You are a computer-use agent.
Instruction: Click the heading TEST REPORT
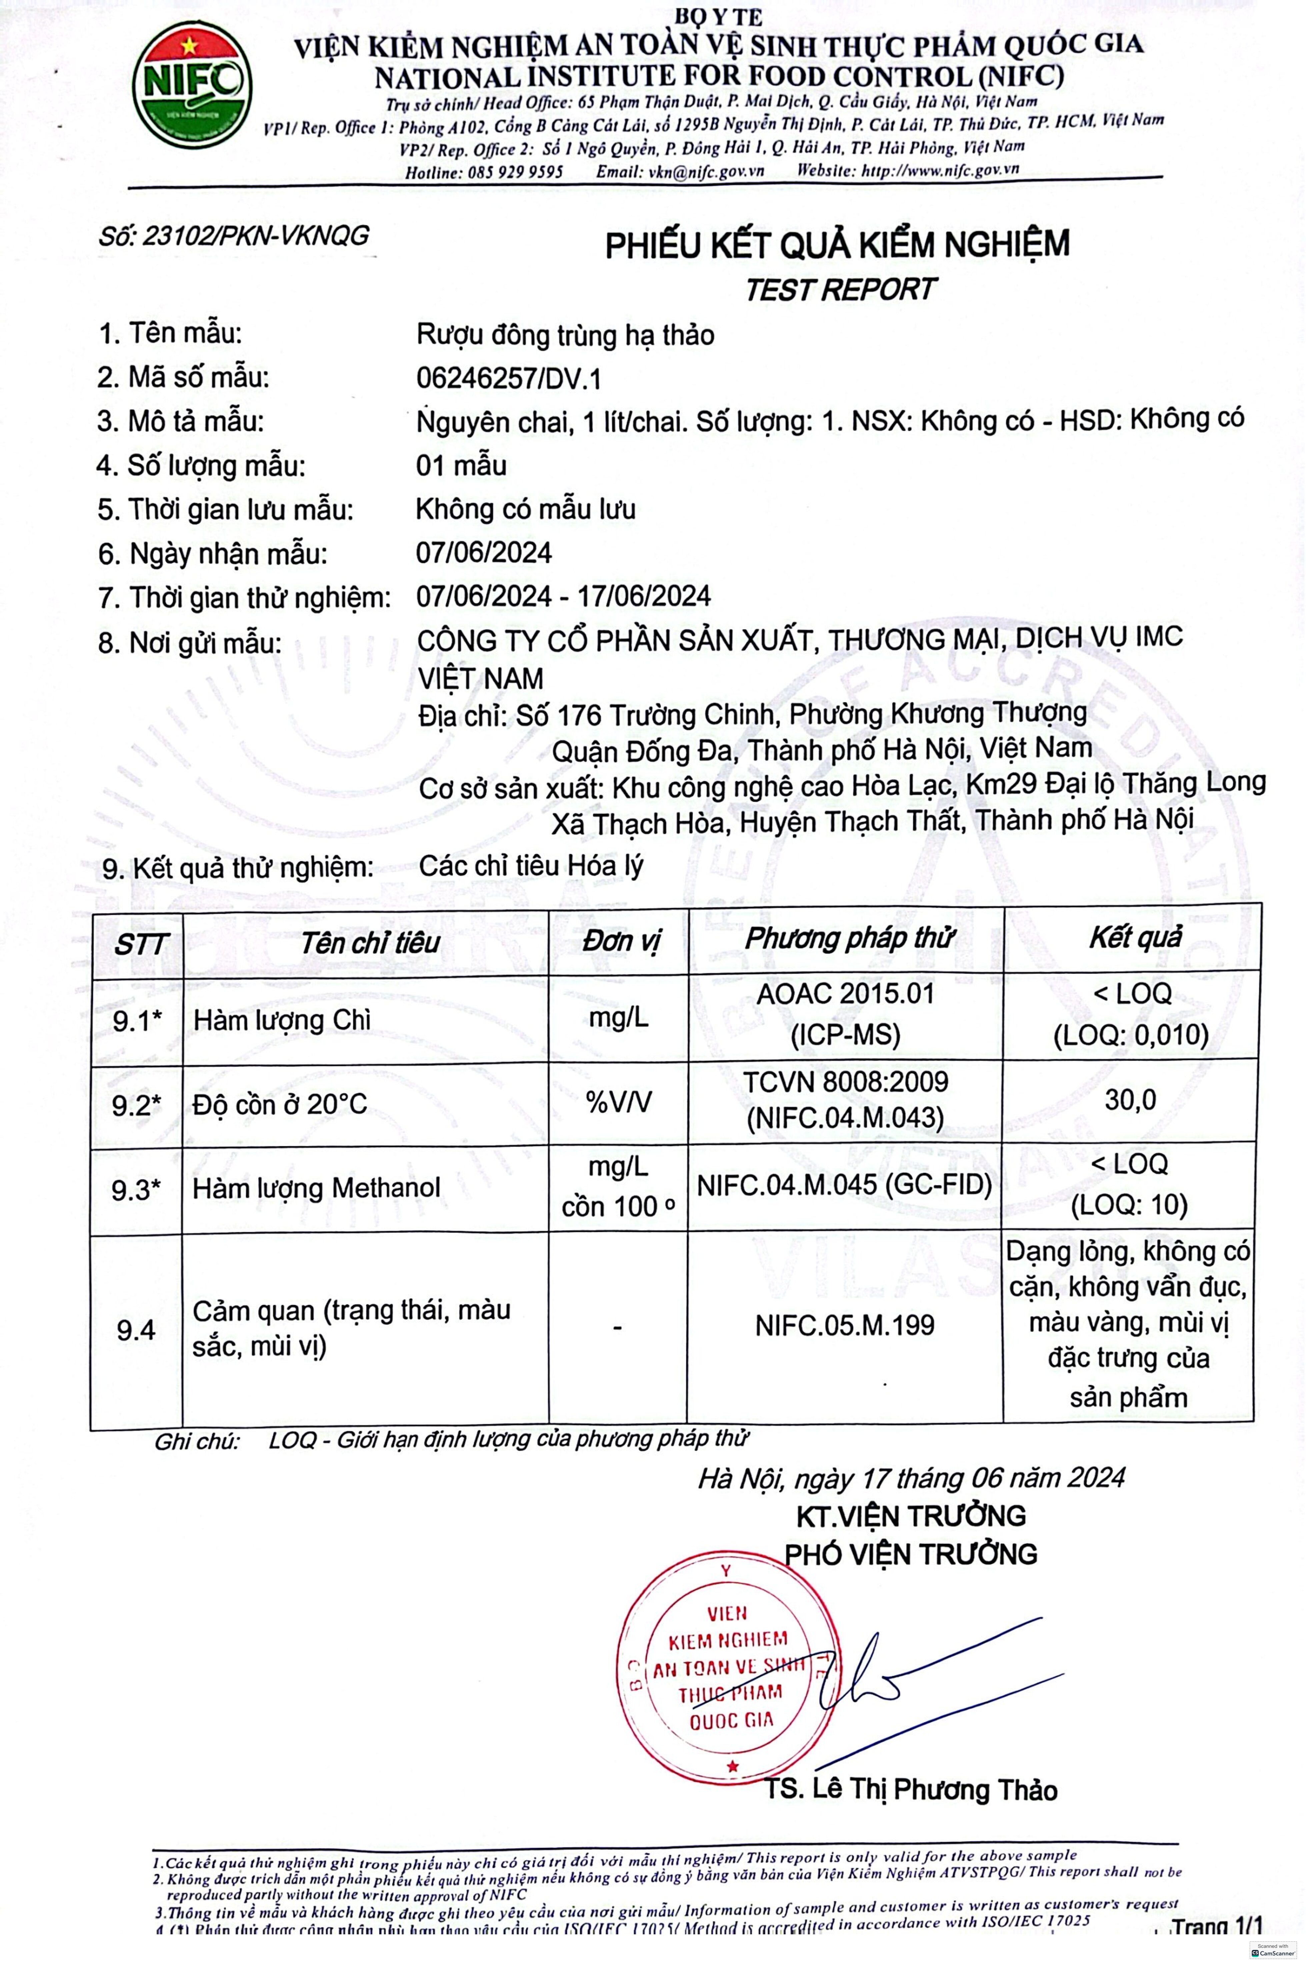(840, 290)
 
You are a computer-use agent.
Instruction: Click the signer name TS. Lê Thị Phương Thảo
(911, 1789)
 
